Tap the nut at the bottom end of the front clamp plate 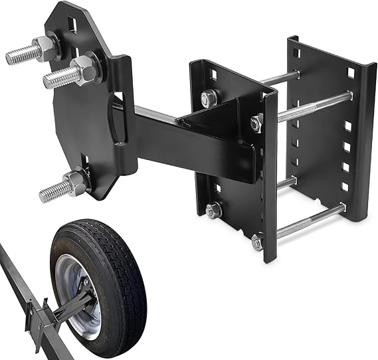pos(257,242)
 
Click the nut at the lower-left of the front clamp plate pos(213,211)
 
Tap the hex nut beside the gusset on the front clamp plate pos(257,123)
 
